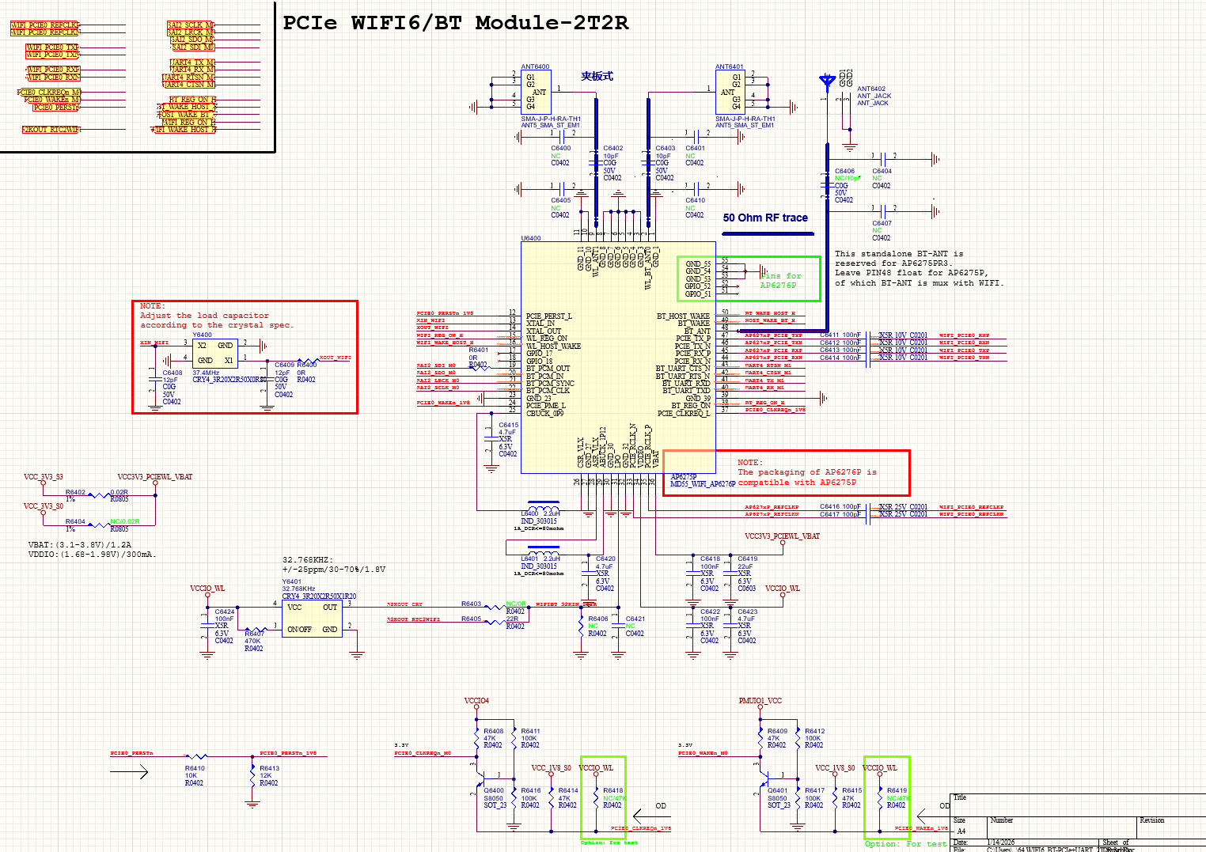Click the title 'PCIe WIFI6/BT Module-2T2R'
pos(456,23)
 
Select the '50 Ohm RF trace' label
pos(765,218)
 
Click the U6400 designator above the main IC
pos(531,238)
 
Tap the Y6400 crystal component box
pos(215,353)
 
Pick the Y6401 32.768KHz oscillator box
pos(312,619)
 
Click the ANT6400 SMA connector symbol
pos(536,92)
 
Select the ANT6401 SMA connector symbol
pos(730,92)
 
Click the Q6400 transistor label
pos(494,790)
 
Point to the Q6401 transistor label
pos(778,790)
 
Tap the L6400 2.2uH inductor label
pos(540,513)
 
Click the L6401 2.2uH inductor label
pos(540,559)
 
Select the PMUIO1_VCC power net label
pos(760,701)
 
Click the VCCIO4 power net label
pos(476,701)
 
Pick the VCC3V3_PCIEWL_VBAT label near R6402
pos(155,477)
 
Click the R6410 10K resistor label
pos(195,768)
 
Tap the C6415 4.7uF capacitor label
pos(508,425)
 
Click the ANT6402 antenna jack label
pos(871,89)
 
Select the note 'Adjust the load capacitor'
pos(204,316)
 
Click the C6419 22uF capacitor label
pos(747,559)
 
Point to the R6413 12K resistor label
pos(269,768)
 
